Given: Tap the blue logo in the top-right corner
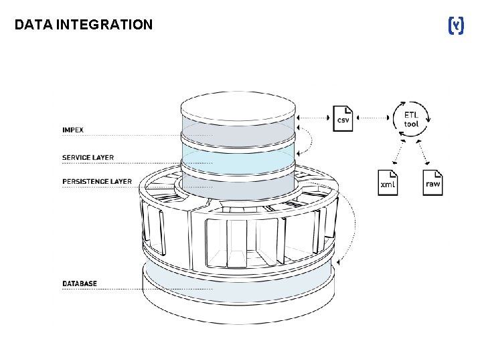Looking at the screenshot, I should coord(455,26).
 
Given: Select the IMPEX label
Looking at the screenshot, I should coord(73,129).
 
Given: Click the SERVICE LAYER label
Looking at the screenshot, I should coord(88,158).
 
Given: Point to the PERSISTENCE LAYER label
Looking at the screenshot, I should coord(96,181).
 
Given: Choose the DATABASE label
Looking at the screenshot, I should coord(79,283).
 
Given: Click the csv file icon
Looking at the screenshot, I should coord(343,118).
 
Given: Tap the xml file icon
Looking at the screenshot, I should coord(388,182).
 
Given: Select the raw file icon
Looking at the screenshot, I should coord(433,182).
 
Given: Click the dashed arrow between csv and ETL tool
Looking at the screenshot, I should coord(372,119).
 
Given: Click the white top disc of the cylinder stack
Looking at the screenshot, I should coord(238,106).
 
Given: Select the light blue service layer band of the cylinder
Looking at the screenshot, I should coord(238,161).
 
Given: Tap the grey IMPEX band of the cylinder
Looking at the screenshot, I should coord(238,134).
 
